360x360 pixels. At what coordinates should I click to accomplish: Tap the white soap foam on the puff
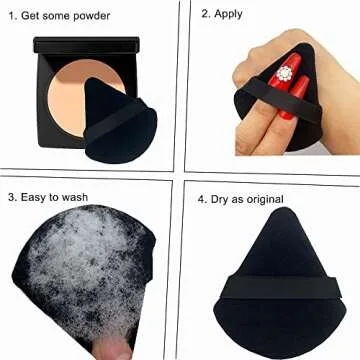pyautogui.click(x=70, y=270)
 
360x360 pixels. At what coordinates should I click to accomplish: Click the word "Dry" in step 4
pyautogui.click(x=223, y=198)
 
